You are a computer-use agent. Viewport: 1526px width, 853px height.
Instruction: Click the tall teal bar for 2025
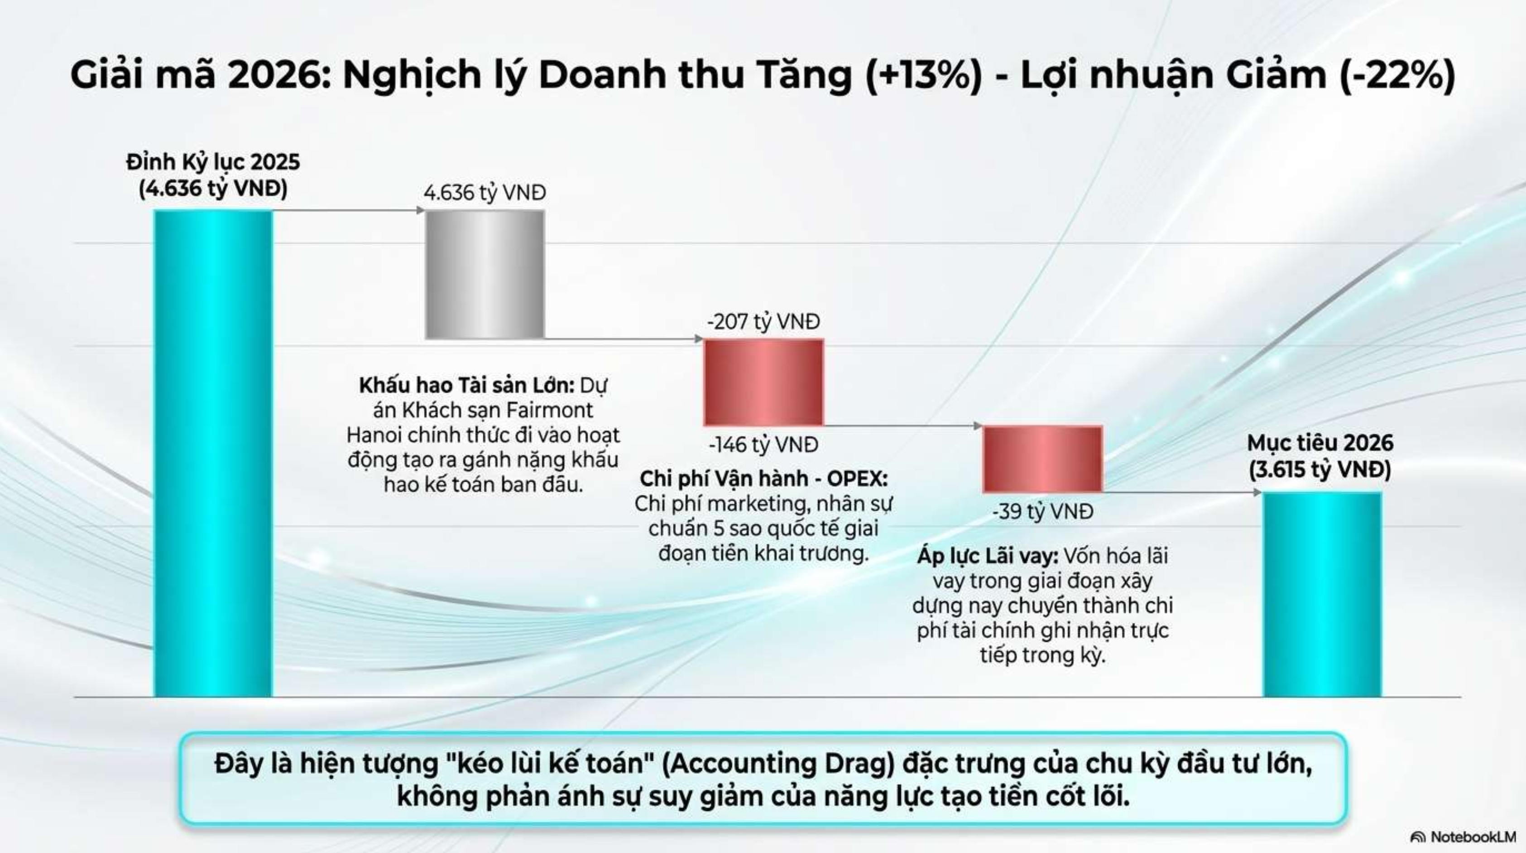pyautogui.click(x=213, y=454)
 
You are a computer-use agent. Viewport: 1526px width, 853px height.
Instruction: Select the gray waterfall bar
pyautogui.click(x=485, y=275)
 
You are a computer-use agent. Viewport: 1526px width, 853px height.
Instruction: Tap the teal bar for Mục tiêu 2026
pyautogui.click(x=1322, y=595)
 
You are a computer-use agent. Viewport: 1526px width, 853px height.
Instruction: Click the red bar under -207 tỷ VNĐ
pyautogui.click(x=763, y=383)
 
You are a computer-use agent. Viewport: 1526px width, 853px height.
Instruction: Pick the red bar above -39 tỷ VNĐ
pyautogui.click(x=1042, y=459)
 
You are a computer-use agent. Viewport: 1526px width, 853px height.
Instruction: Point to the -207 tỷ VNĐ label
pyautogui.click(x=763, y=322)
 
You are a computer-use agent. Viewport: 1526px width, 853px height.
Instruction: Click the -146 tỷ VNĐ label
pyautogui.click(x=763, y=445)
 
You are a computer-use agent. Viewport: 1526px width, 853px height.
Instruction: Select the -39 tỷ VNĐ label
pyautogui.click(x=1042, y=512)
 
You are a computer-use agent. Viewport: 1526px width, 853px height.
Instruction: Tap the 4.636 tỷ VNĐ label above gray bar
pyautogui.click(x=485, y=193)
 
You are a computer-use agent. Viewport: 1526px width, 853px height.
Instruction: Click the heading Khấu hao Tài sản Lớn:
pyautogui.click(x=467, y=386)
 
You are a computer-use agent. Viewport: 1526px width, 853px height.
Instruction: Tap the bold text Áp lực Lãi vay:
pyautogui.click(x=988, y=556)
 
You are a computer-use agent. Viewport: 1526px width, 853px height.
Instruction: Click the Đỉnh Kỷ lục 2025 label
pyautogui.click(x=213, y=162)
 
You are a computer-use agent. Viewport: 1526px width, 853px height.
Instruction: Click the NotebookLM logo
pyautogui.click(x=1463, y=837)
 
